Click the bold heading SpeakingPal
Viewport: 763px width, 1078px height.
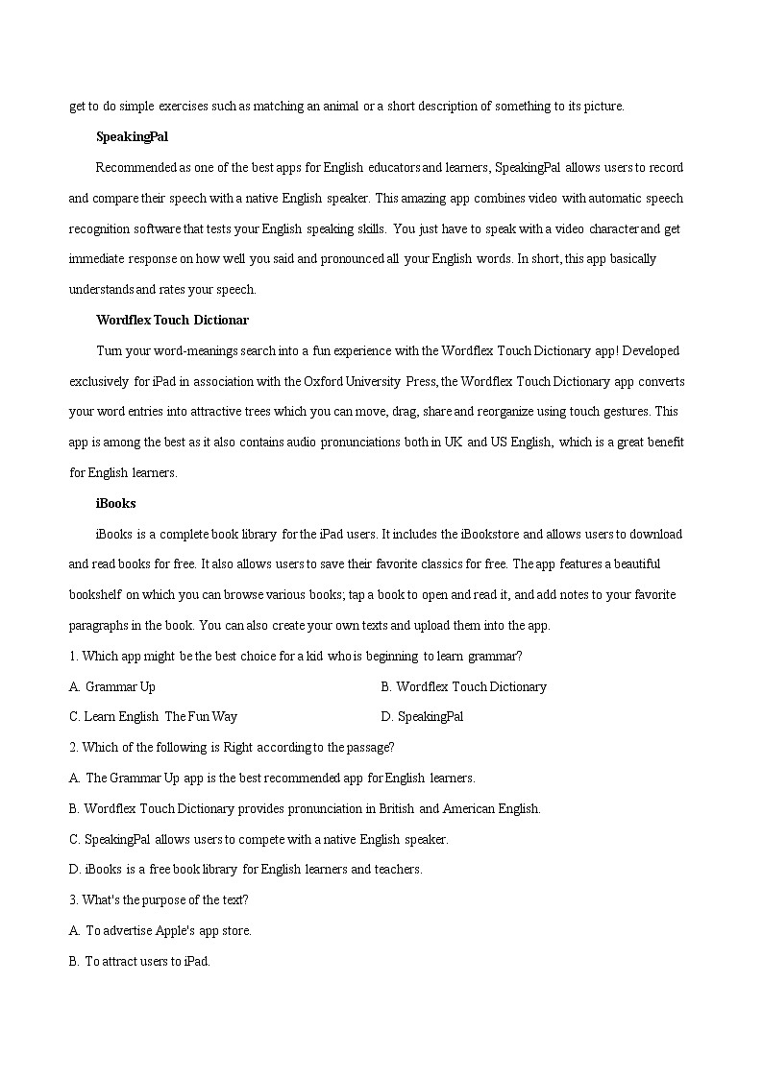click(x=132, y=137)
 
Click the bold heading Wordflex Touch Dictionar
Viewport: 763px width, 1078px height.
click(x=172, y=320)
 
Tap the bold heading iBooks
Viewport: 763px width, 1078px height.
click(x=115, y=503)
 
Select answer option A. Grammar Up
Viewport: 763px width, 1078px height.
click(x=112, y=686)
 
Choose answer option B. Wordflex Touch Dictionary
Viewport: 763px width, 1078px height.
click(x=463, y=686)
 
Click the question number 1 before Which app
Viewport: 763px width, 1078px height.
click(x=72, y=657)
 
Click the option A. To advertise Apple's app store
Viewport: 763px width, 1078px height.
click(x=160, y=930)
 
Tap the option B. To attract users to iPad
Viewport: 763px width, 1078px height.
click(x=139, y=961)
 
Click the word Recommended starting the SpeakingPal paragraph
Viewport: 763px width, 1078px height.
click(x=135, y=167)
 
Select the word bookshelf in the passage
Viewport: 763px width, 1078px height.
click(x=96, y=594)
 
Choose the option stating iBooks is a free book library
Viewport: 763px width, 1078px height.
click(x=245, y=869)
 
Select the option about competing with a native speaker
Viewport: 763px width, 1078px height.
click(x=258, y=839)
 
